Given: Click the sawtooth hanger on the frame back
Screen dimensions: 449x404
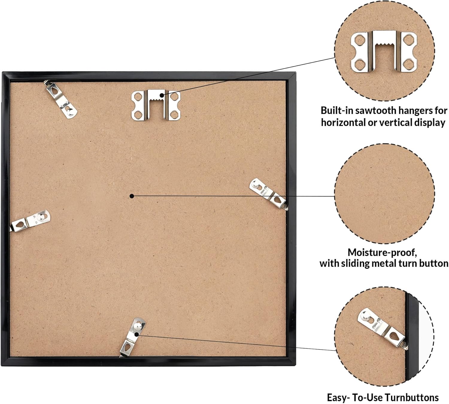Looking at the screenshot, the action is point(156,105).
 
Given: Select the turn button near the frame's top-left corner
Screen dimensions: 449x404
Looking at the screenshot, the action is point(61,100).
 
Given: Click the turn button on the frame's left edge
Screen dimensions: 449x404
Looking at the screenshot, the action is point(30,221).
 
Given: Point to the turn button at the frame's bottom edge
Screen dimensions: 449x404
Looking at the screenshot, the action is point(133,338).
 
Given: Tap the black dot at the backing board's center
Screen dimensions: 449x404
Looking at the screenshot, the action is point(132,196).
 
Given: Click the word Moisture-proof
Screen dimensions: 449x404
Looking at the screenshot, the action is point(382,253).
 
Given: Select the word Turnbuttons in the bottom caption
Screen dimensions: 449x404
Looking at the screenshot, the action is point(412,397).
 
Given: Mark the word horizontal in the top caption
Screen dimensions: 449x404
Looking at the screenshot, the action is point(344,123).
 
